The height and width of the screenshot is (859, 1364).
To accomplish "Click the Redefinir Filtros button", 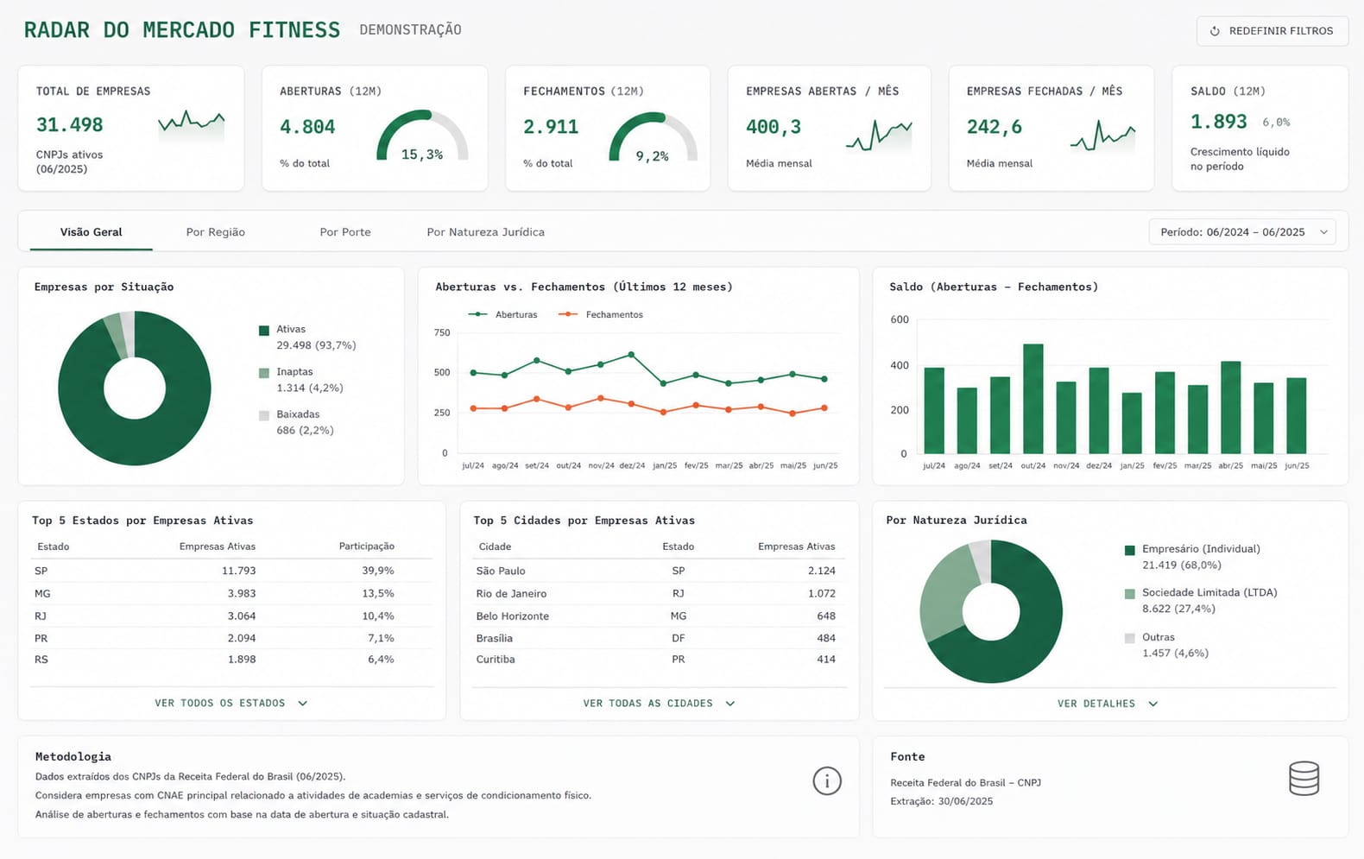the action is pos(1272,31).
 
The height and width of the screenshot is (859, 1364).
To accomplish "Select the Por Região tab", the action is pos(216,232).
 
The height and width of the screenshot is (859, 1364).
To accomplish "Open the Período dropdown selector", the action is pos(1242,232).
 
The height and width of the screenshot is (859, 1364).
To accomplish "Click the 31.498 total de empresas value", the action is pos(69,125).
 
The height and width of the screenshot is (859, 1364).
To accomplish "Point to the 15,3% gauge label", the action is pos(421,155).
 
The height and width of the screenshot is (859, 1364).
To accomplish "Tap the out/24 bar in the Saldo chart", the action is pos(1032,399).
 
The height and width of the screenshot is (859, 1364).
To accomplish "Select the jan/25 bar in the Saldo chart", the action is pos(1132,423).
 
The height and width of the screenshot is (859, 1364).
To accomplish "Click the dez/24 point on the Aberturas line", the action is pos(631,354).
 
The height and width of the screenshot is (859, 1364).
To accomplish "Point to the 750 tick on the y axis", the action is pos(442,332).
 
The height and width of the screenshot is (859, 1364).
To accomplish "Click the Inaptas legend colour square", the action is pos(263,373).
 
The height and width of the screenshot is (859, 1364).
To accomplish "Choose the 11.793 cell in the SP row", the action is pos(238,571).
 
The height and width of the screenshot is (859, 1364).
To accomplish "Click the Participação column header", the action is pos(367,546).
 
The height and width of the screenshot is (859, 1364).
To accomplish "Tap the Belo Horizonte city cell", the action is pos(513,616).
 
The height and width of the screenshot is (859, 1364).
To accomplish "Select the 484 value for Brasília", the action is pos(826,638).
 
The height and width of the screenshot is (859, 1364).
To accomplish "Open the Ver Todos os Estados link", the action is pos(231,703).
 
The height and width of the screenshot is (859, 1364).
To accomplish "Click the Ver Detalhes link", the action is pos(1108,704).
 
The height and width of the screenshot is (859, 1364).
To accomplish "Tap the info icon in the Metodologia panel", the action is pos(827,781).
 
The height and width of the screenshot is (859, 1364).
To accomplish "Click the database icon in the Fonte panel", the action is pos(1304,778).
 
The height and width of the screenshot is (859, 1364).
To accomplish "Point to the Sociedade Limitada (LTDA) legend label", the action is pos(1210,592).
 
